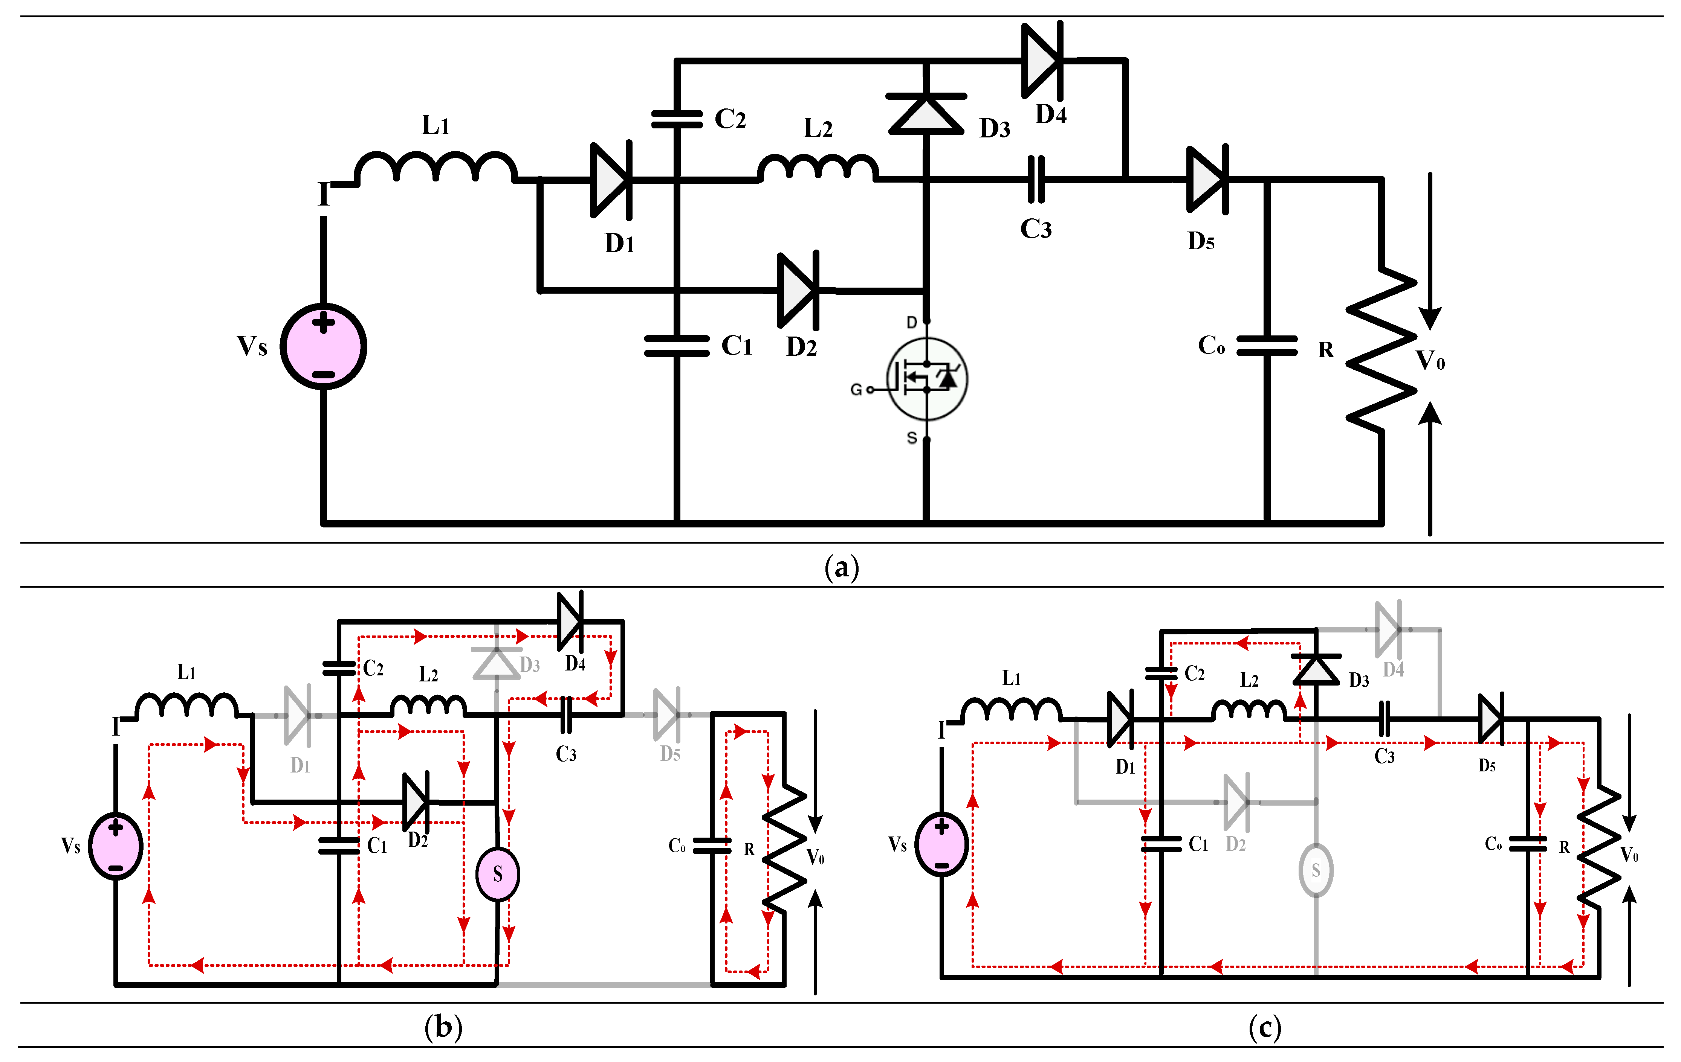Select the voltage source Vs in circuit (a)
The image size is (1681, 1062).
(x=323, y=346)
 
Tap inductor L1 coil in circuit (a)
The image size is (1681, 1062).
(x=436, y=168)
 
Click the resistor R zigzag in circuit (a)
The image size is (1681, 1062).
(x=1381, y=349)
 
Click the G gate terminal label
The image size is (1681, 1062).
(x=856, y=389)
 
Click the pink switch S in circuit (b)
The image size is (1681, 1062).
(x=498, y=874)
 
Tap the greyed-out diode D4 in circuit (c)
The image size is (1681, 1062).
(x=1388, y=629)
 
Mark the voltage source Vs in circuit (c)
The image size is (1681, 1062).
(x=942, y=844)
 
